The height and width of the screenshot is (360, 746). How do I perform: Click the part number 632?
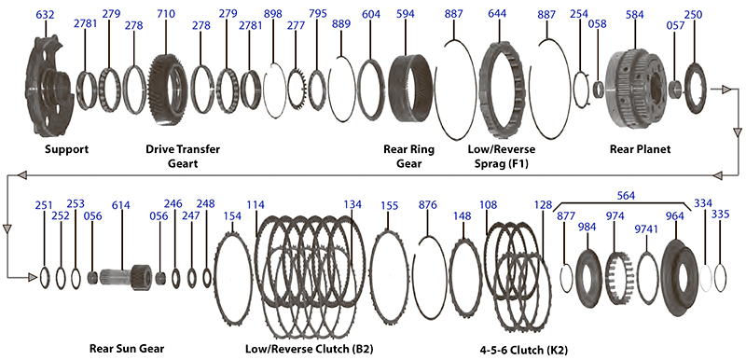pos(45,15)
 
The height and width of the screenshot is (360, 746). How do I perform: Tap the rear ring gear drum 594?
pos(410,88)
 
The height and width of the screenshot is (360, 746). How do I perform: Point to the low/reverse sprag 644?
pos(503,90)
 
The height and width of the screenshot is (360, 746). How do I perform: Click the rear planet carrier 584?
pos(637,90)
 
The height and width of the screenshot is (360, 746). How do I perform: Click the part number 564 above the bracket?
pos(626,196)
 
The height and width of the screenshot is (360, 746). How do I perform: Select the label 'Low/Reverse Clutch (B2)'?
pos(310,349)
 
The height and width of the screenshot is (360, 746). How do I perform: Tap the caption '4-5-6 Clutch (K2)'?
pos(524,350)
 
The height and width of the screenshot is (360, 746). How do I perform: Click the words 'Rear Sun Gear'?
pos(127,348)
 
